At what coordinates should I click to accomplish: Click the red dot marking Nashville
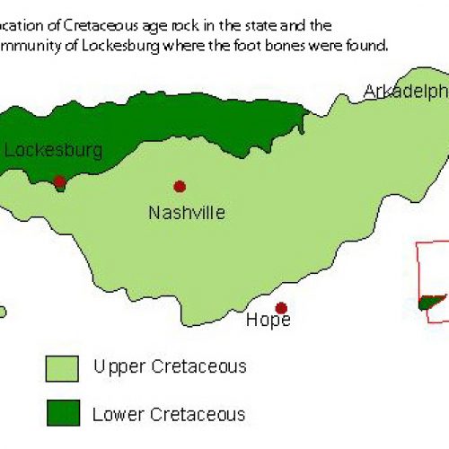click(180, 186)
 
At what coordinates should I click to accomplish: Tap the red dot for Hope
click(281, 308)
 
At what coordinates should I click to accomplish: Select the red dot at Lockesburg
click(59, 181)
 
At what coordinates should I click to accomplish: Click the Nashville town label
click(187, 213)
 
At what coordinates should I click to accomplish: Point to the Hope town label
click(268, 321)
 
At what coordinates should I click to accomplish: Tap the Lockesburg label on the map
click(53, 150)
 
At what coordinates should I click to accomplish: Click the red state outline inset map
click(431, 278)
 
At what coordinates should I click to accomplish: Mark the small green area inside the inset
click(431, 303)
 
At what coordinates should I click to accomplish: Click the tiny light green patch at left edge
click(3, 313)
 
